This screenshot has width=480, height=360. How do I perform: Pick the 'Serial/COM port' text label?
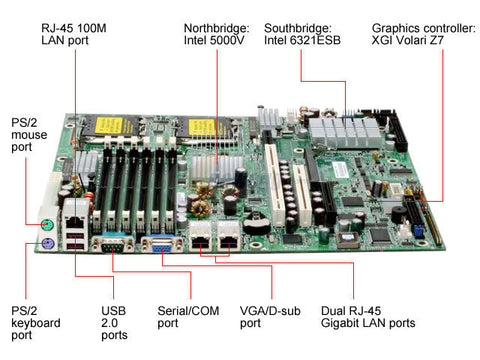pos(190,316)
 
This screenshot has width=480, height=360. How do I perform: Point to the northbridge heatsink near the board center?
pos(213,169)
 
